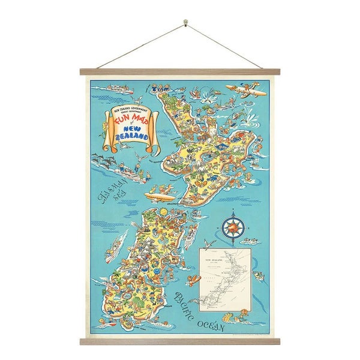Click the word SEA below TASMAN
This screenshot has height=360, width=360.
click(107, 205)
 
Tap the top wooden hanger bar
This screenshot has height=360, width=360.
click(180, 71)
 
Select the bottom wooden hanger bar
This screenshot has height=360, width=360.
click(180, 341)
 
